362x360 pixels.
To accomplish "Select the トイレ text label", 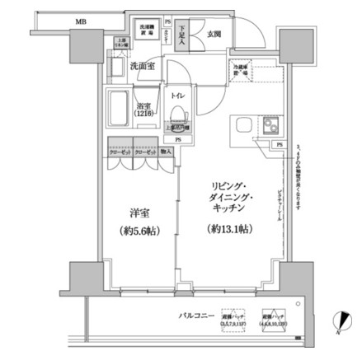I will (178, 96).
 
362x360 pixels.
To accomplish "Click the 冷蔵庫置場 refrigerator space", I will (242, 71).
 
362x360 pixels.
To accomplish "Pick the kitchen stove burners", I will (270, 127).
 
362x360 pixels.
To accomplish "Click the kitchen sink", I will (244, 127).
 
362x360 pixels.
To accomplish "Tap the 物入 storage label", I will (166, 152).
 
